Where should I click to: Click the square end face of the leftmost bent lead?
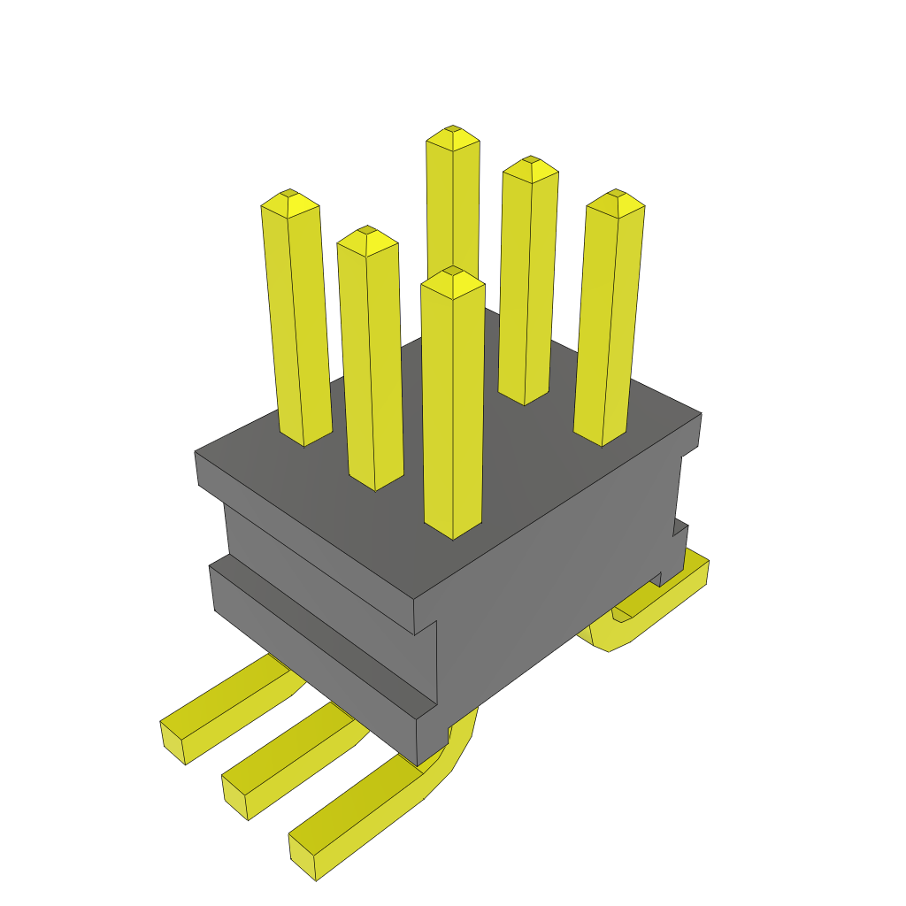[x=173, y=742]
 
